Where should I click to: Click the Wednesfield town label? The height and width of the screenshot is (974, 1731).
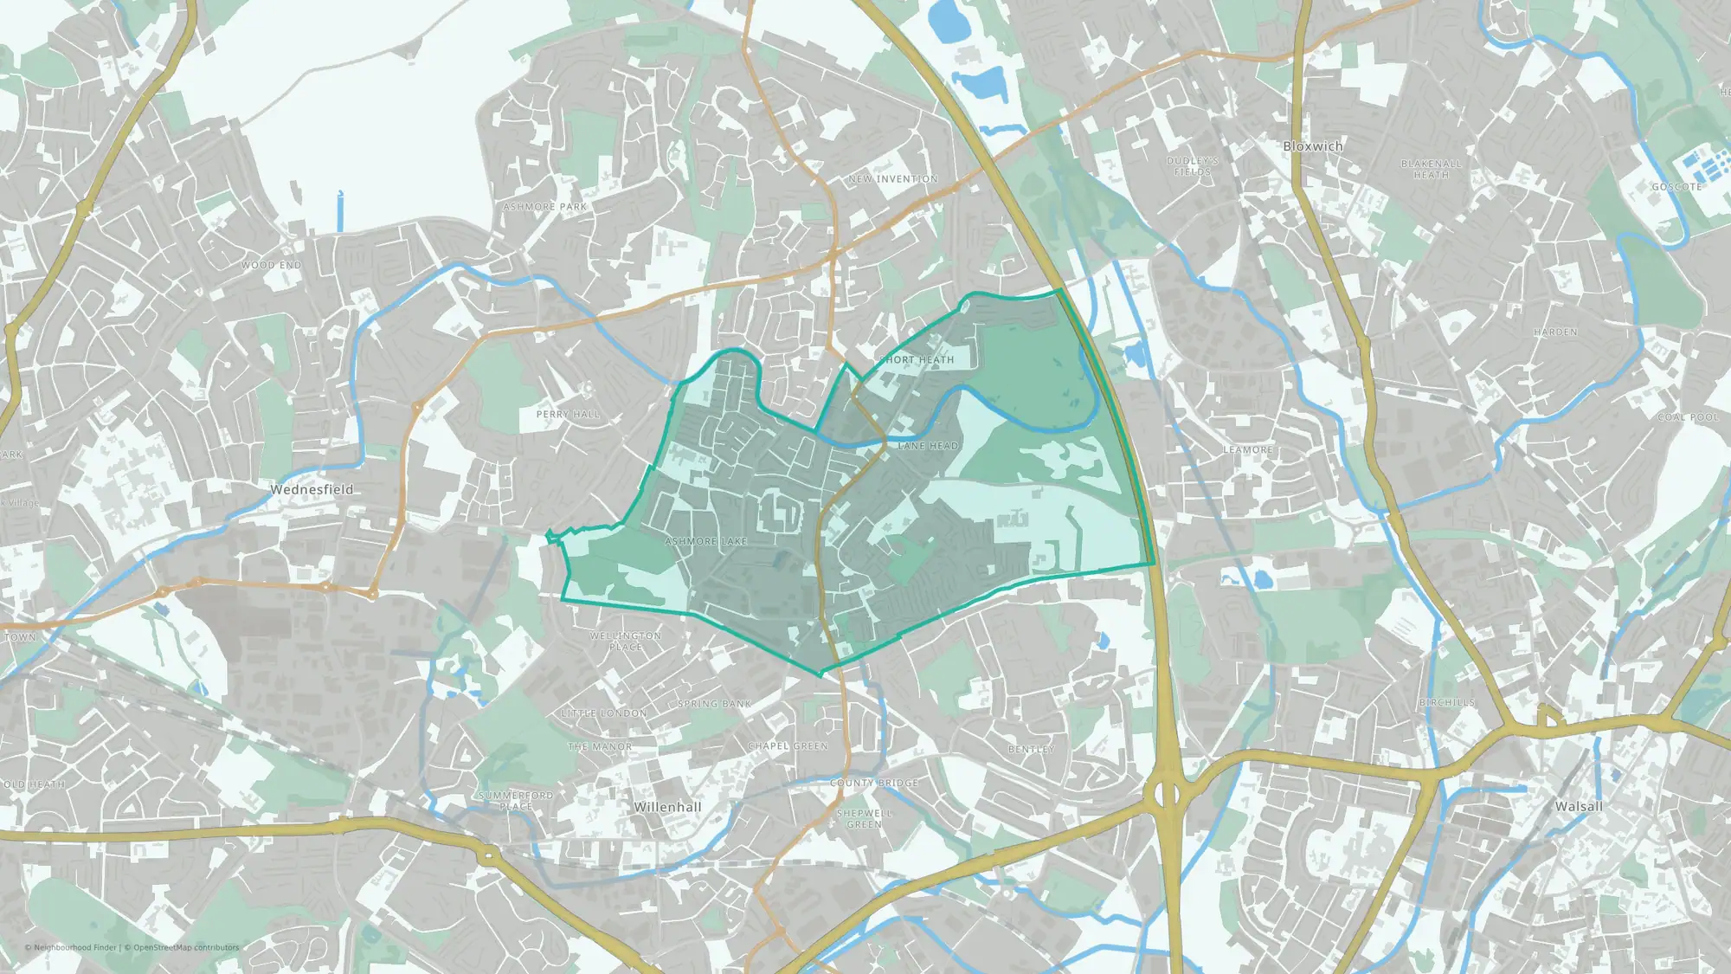pyautogui.click(x=312, y=489)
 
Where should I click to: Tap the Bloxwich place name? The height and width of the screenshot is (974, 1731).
pyautogui.click(x=1313, y=146)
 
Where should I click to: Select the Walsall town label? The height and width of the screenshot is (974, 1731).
pyautogui.click(x=1579, y=806)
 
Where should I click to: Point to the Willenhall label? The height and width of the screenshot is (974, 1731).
pyautogui.click(x=667, y=807)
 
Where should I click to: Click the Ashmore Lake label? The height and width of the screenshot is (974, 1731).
pyautogui.click(x=705, y=541)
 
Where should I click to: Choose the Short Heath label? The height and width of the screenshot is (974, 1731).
pyautogui.click(x=917, y=359)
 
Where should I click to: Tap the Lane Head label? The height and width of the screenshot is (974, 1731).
pyautogui.click(x=928, y=446)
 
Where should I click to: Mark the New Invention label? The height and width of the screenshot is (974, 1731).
pyautogui.click(x=893, y=179)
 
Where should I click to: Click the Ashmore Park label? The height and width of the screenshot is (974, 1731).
pyautogui.click(x=545, y=207)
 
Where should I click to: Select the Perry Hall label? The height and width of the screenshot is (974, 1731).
pyautogui.click(x=568, y=415)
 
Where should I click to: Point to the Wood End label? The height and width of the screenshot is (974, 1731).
pyautogui.click(x=272, y=265)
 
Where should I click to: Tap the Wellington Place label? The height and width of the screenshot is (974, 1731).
pyautogui.click(x=626, y=641)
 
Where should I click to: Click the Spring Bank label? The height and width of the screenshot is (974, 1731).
pyautogui.click(x=715, y=704)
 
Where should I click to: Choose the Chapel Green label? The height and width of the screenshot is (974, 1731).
pyautogui.click(x=788, y=746)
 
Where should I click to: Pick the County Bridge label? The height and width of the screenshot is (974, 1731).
pyautogui.click(x=874, y=783)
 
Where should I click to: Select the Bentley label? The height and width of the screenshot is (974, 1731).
pyautogui.click(x=1031, y=749)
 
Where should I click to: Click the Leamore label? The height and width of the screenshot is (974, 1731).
pyautogui.click(x=1247, y=450)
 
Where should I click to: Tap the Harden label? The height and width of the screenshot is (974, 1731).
pyautogui.click(x=1555, y=332)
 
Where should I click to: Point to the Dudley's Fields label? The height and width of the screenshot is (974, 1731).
pyautogui.click(x=1192, y=166)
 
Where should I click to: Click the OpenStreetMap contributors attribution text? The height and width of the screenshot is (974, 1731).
pyautogui.click(x=185, y=947)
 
